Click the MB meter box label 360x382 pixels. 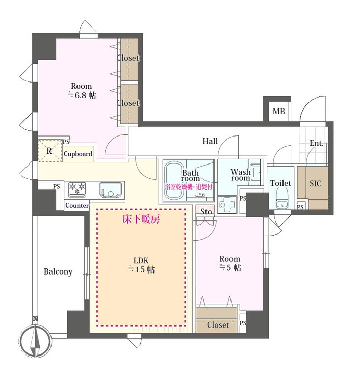[x=278, y=112]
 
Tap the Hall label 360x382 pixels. [x=210, y=141]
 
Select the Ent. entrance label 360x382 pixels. [x=316, y=143]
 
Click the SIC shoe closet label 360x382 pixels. [x=315, y=183]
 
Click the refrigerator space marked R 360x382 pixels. [x=50, y=151]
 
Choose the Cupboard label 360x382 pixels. [x=78, y=154]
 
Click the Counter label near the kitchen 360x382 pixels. [x=77, y=205]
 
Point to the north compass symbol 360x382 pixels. [x=35, y=340]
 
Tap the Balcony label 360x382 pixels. [x=58, y=271]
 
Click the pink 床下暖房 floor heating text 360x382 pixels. [x=141, y=219]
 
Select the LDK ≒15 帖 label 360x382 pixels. [x=141, y=265]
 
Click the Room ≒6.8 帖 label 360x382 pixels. [x=82, y=90]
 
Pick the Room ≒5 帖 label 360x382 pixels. [x=230, y=263]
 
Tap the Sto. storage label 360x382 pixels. [x=206, y=212]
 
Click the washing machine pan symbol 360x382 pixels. [x=227, y=204]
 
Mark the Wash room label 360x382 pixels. [x=241, y=175]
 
